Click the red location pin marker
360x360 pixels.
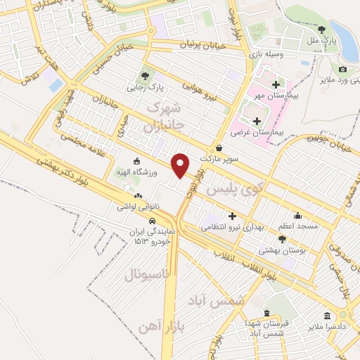pos(181,165)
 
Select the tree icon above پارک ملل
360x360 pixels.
pos(321,30)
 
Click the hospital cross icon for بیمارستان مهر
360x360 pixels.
pos(276,84)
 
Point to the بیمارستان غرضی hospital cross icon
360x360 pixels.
pos(257,122)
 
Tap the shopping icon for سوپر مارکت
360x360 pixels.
pos(219,148)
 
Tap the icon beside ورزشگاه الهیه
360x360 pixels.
pos(136,162)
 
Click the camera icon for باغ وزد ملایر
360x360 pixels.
pos(342,69)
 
